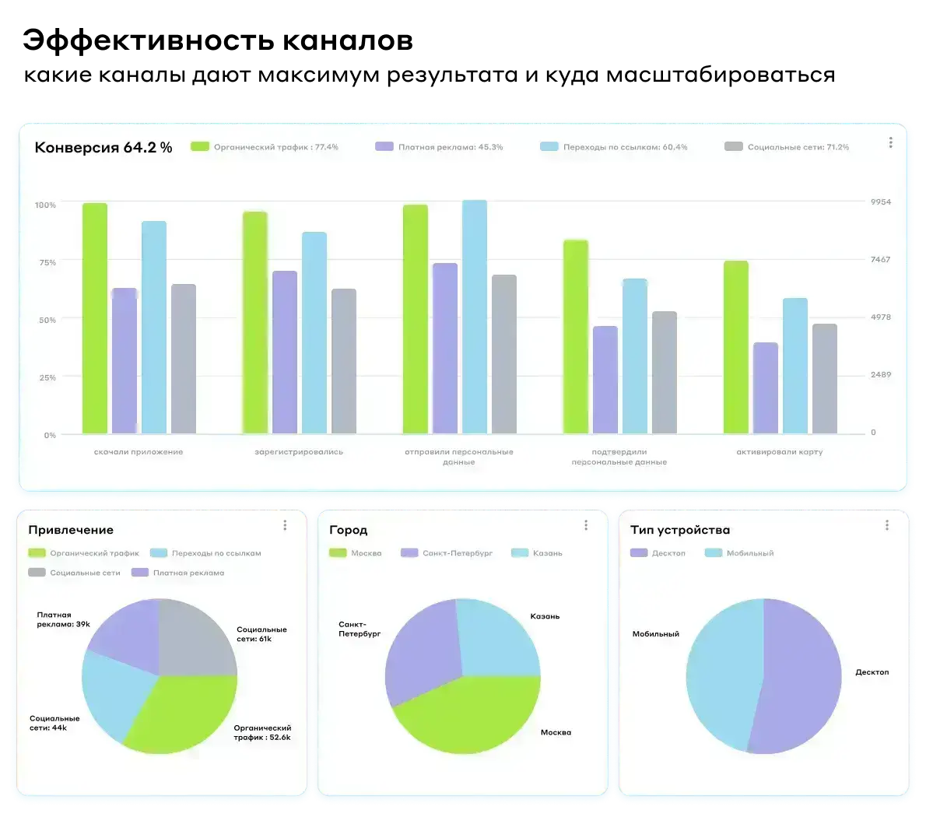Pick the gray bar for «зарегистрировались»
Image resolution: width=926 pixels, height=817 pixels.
click(344, 361)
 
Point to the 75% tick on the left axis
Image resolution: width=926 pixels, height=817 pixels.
click(46, 263)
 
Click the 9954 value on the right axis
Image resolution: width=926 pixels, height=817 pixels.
click(880, 202)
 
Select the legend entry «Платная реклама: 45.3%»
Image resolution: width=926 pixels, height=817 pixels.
click(439, 147)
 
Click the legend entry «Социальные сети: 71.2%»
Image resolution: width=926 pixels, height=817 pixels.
click(787, 147)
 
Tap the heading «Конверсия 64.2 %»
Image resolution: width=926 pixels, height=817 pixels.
click(103, 148)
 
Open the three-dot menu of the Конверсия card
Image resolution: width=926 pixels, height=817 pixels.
click(890, 143)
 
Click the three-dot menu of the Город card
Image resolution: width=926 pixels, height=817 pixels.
click(586, 526)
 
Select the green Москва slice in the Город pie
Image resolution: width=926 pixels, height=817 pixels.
click(467, 716)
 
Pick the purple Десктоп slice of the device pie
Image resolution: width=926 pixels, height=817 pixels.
click(801, 685)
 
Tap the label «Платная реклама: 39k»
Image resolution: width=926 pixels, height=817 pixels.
click(63, 619)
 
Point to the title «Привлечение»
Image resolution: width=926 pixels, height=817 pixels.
click(71, 530)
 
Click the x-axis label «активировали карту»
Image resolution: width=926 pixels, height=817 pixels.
click(779, 452)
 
